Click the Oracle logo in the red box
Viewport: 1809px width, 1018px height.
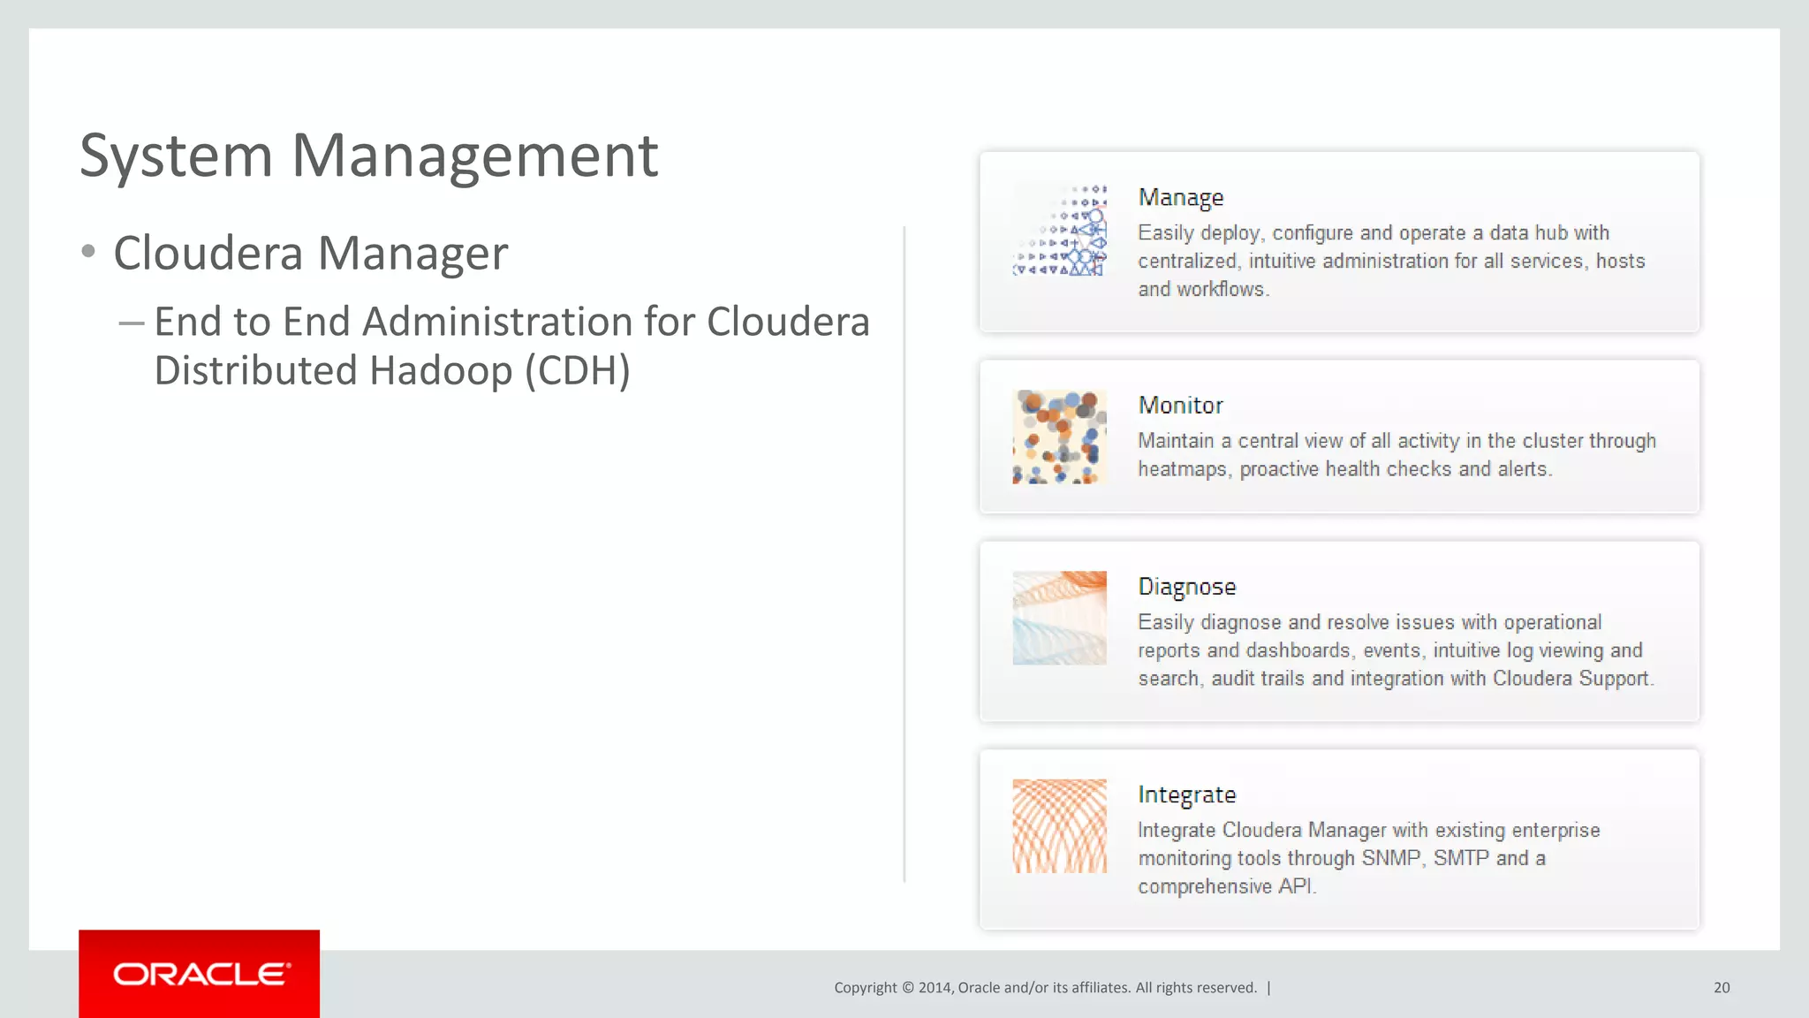pos(201,974)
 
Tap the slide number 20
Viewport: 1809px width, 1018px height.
pos(1722,988)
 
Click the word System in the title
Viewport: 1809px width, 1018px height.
pos(176,156)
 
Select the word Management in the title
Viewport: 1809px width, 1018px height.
pos(474,156)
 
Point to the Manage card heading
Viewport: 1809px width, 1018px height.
pos(1180,198)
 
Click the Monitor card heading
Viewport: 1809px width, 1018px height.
pos(1180,406)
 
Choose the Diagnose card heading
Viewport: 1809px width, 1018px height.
pos(1186,588)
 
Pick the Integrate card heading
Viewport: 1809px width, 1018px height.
pos(1186,795)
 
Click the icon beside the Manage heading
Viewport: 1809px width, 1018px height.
pos(1059,230)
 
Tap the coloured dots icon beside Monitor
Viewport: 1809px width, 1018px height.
pos(1059,437)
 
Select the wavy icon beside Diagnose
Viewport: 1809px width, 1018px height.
pos(1059,618)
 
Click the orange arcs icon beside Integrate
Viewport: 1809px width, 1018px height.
pos(1059,826)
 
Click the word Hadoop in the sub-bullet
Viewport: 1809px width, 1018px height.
pos(441,371)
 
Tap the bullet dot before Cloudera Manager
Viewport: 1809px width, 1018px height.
pos(87,252)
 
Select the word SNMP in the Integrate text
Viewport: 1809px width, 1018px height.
pos(1391,859)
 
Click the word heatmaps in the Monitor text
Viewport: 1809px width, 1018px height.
pos(1183,469)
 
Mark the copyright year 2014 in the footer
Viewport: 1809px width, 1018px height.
pos(935,988)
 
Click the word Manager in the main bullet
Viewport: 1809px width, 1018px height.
pos(413,254)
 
